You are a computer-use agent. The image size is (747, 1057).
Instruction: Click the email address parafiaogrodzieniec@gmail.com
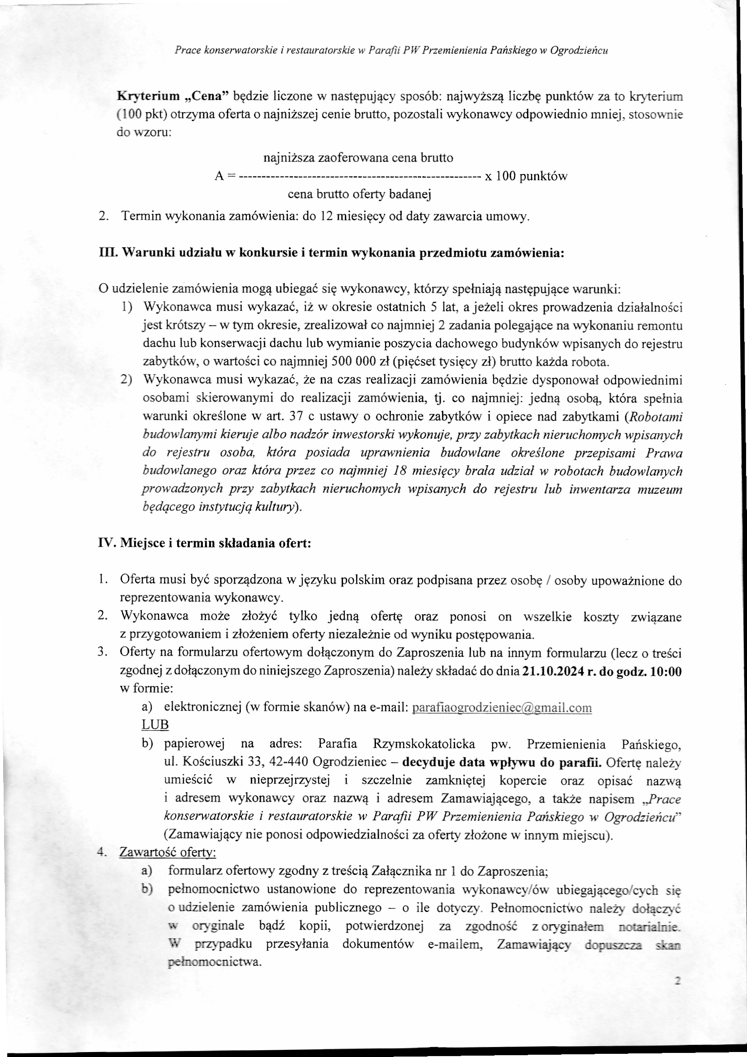point(502,708)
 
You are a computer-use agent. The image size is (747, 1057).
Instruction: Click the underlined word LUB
point(155,725)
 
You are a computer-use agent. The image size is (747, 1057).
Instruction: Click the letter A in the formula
point(219,176)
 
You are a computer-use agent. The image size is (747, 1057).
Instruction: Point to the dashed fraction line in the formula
point(360,176)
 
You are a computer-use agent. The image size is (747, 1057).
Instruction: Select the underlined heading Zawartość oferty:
point(168,853)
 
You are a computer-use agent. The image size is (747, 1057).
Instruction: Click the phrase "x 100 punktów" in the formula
point(526,176)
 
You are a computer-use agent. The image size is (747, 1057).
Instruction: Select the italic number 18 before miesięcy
point(401,472)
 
